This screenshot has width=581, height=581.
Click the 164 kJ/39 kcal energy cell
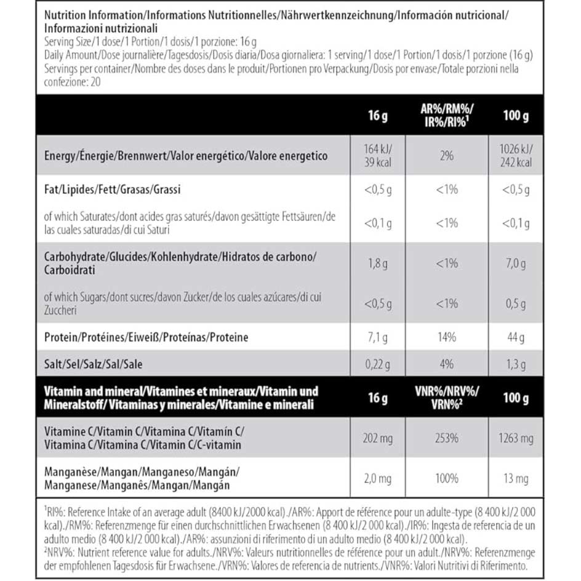pos(377,156)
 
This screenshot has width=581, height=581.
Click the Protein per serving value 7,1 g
pos(377,337)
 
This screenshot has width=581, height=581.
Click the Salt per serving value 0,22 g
pos(377,364)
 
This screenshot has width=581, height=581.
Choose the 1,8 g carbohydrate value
pos(377,263)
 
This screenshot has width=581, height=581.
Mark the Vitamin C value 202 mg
pos(377,439)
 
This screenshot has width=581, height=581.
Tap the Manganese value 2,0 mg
pos(377,478)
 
